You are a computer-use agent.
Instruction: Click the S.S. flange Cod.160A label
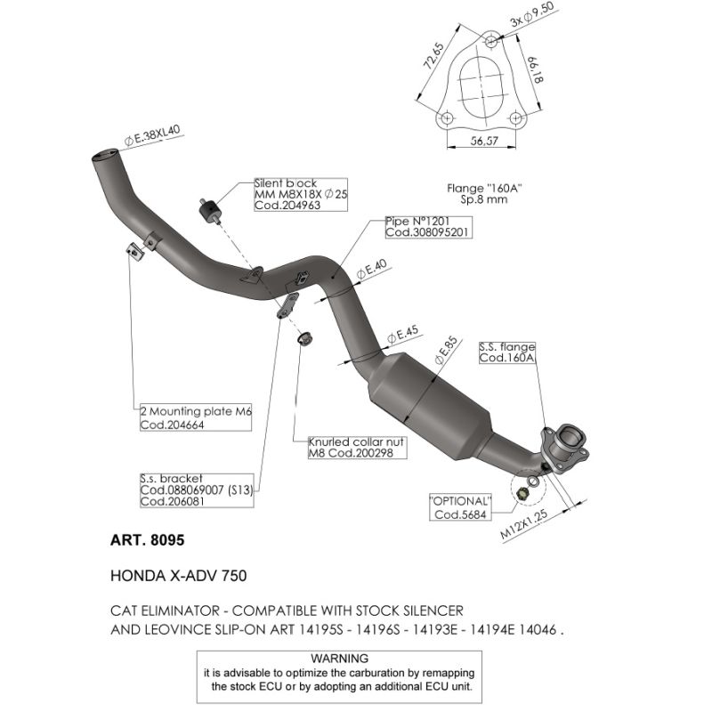click(x=507, y=352)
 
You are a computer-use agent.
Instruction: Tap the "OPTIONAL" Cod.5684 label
click(x=461, y=507)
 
